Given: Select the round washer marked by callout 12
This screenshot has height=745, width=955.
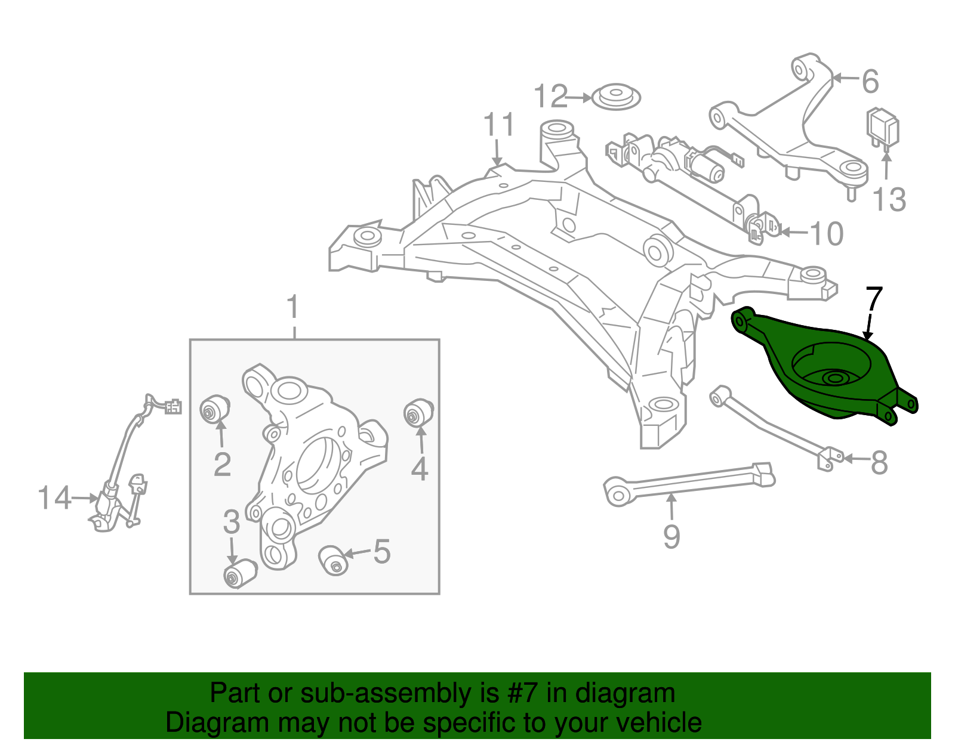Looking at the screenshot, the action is pyautogui.click(x=616, y=97).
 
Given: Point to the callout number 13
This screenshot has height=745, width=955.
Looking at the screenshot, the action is pyautogui.click(x=889, y=199).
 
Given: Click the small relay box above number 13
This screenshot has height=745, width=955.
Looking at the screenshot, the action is pyautogui.click(x=882, y=127).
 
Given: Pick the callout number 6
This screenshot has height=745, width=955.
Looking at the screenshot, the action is pyautogui.click(x=870, y=81).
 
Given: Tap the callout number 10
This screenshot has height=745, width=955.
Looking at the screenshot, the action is pyautogui.click(x=826, y=233).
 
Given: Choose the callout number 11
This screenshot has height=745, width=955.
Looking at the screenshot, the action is pyautogui.click(x=498, y=124).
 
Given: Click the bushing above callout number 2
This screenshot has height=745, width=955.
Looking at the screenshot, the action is pyautogui.click(x=215, y=409).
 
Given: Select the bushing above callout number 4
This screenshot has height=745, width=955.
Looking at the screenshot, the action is pyautogui.click(x=419, y=412).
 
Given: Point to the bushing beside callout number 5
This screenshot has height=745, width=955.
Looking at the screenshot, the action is pyautogui.click(x=333, y=560).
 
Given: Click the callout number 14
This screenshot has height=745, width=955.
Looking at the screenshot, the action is pyautogui.click(x=54, y=498).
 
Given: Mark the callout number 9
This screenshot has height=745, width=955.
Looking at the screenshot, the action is pyautogui.click(x=671, y=536).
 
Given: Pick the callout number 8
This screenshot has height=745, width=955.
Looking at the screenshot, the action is pyautogui.click(x=879, y=462).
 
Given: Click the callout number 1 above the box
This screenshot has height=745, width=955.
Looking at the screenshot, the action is pyautogui.click(x=292, y=307).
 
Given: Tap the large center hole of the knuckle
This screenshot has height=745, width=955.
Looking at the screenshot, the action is pyautogui.click(x=319, y=465).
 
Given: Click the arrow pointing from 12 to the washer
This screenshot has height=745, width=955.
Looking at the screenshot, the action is pyautogui.click(x=579, y=97).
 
